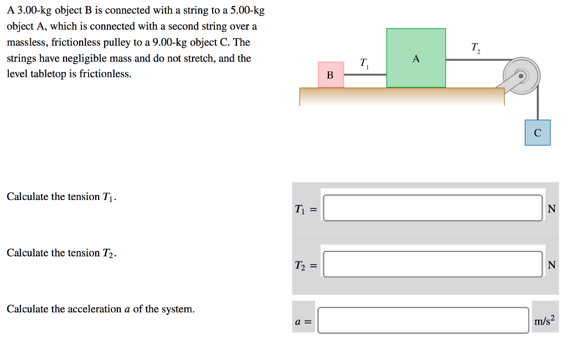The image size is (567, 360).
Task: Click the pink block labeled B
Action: (x=331, y=75)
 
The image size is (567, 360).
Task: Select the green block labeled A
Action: (x=416, y=58)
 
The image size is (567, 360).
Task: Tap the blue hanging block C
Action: (x=538, y=132)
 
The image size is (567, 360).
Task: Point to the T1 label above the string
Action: (x=364, y=63)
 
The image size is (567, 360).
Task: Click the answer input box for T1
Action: (x=432, y=208)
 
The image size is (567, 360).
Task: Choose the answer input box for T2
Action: (x=432, y=264)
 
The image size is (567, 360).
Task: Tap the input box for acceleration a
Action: (x=423, y=321)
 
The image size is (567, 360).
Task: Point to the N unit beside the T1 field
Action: (x=551, y=209)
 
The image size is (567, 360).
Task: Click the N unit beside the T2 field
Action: (x=551, y=265)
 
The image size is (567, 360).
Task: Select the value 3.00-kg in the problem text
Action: (x=30, y=11)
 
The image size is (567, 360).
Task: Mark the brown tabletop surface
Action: (x=402, y=96)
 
